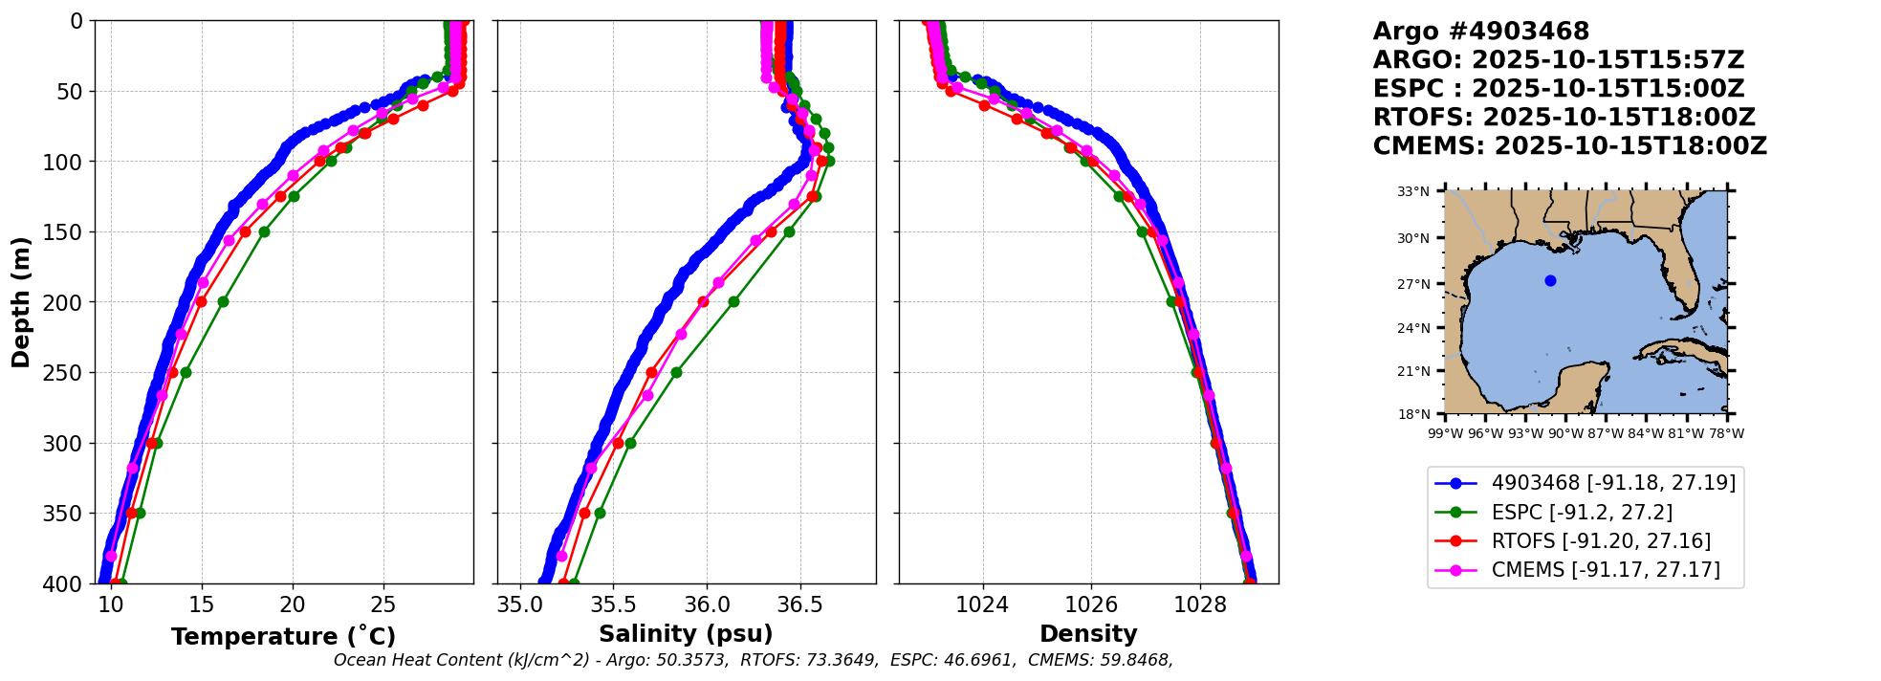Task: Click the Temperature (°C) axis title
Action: click(x=283, y=637)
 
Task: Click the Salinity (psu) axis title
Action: click(x=686, y=634)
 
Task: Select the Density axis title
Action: click(x=1088, y=634)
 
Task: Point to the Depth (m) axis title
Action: click(x=21, y=302)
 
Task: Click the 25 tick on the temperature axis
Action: click(x=383, y=605)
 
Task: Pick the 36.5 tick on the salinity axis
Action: click(x=799, y=605)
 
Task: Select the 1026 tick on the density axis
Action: click(x=1091, y=605)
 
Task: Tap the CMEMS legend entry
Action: click(x=1606, y=570)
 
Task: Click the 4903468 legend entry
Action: click(x=1613, y=483)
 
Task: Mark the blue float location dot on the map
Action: click(x=1550, y=280)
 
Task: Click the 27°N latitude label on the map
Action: click(x=1413, y=284)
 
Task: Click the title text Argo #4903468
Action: click(x=1480, y=32)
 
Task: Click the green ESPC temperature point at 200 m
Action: click(x=223, y=301)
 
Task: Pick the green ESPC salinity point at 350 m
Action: click(x=600, y=513)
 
